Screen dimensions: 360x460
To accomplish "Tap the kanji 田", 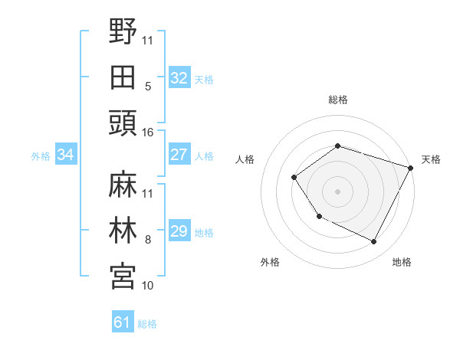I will click(x=123, y=77).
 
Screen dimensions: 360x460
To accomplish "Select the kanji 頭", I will click(x=123, y=123).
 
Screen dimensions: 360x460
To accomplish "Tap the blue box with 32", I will click(x=179, y=77).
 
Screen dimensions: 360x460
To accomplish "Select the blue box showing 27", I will click(x=179, y=154).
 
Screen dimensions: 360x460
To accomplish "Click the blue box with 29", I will click(x=179, y=231).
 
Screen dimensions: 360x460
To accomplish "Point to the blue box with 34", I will click(x=66, y=155).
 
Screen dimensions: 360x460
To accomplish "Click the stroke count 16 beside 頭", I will click(x=148, y=133).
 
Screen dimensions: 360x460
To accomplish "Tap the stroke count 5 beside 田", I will click(x=148, y=87).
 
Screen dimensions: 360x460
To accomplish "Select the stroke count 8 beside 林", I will click(x=148, y=240).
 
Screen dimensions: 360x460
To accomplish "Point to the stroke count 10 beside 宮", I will click(x=148, y=286).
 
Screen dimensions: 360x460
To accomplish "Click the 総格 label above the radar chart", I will click(x=338, y=100).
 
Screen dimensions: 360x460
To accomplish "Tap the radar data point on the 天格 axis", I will click(x=411, y=168).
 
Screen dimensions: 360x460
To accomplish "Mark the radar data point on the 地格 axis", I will click(x=374, y=242).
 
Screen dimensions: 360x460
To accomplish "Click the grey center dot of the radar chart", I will click(x=337, y=191).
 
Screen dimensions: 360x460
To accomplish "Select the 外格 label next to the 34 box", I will click(x=41, y=155).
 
